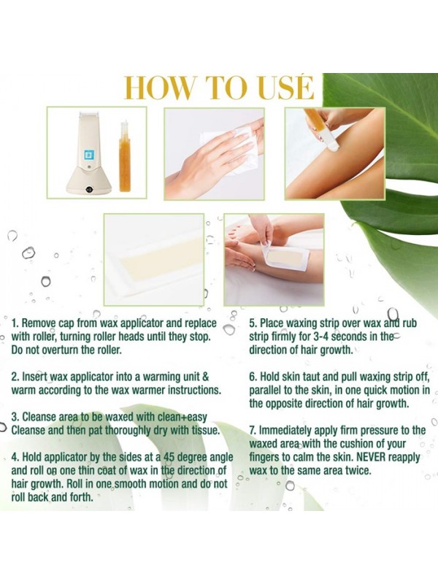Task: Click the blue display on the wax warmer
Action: [x=88, y=155]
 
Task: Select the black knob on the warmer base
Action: [x=89, y=189]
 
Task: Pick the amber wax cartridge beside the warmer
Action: [x=125, y=156]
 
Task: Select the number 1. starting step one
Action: [x=15, y=323]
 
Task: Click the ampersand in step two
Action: [x=205, y=377]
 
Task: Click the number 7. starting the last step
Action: [x=253, y=430]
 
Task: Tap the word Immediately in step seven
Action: [x=285, y=431]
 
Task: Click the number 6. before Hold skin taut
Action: [x=253, y=377]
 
